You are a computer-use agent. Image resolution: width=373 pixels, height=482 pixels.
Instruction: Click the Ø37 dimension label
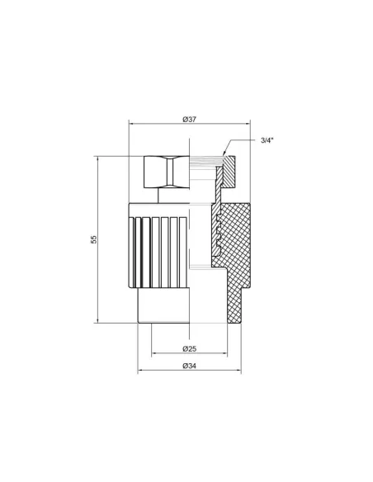click(189, 120)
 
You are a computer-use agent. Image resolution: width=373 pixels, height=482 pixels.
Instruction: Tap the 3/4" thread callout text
click(267, 140)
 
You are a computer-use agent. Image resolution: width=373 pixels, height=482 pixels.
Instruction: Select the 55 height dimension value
click(94, 239)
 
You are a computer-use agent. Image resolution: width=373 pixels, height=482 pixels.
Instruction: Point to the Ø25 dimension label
click(189, 348)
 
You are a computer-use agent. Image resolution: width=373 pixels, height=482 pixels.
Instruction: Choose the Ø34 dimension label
click(189, 366)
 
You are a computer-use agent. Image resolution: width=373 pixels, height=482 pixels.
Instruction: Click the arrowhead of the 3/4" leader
click(224, 153)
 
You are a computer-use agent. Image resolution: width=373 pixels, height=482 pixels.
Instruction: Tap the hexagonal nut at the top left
click(166, 172)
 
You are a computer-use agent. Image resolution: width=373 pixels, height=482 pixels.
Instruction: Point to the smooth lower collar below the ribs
click(163, 305)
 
